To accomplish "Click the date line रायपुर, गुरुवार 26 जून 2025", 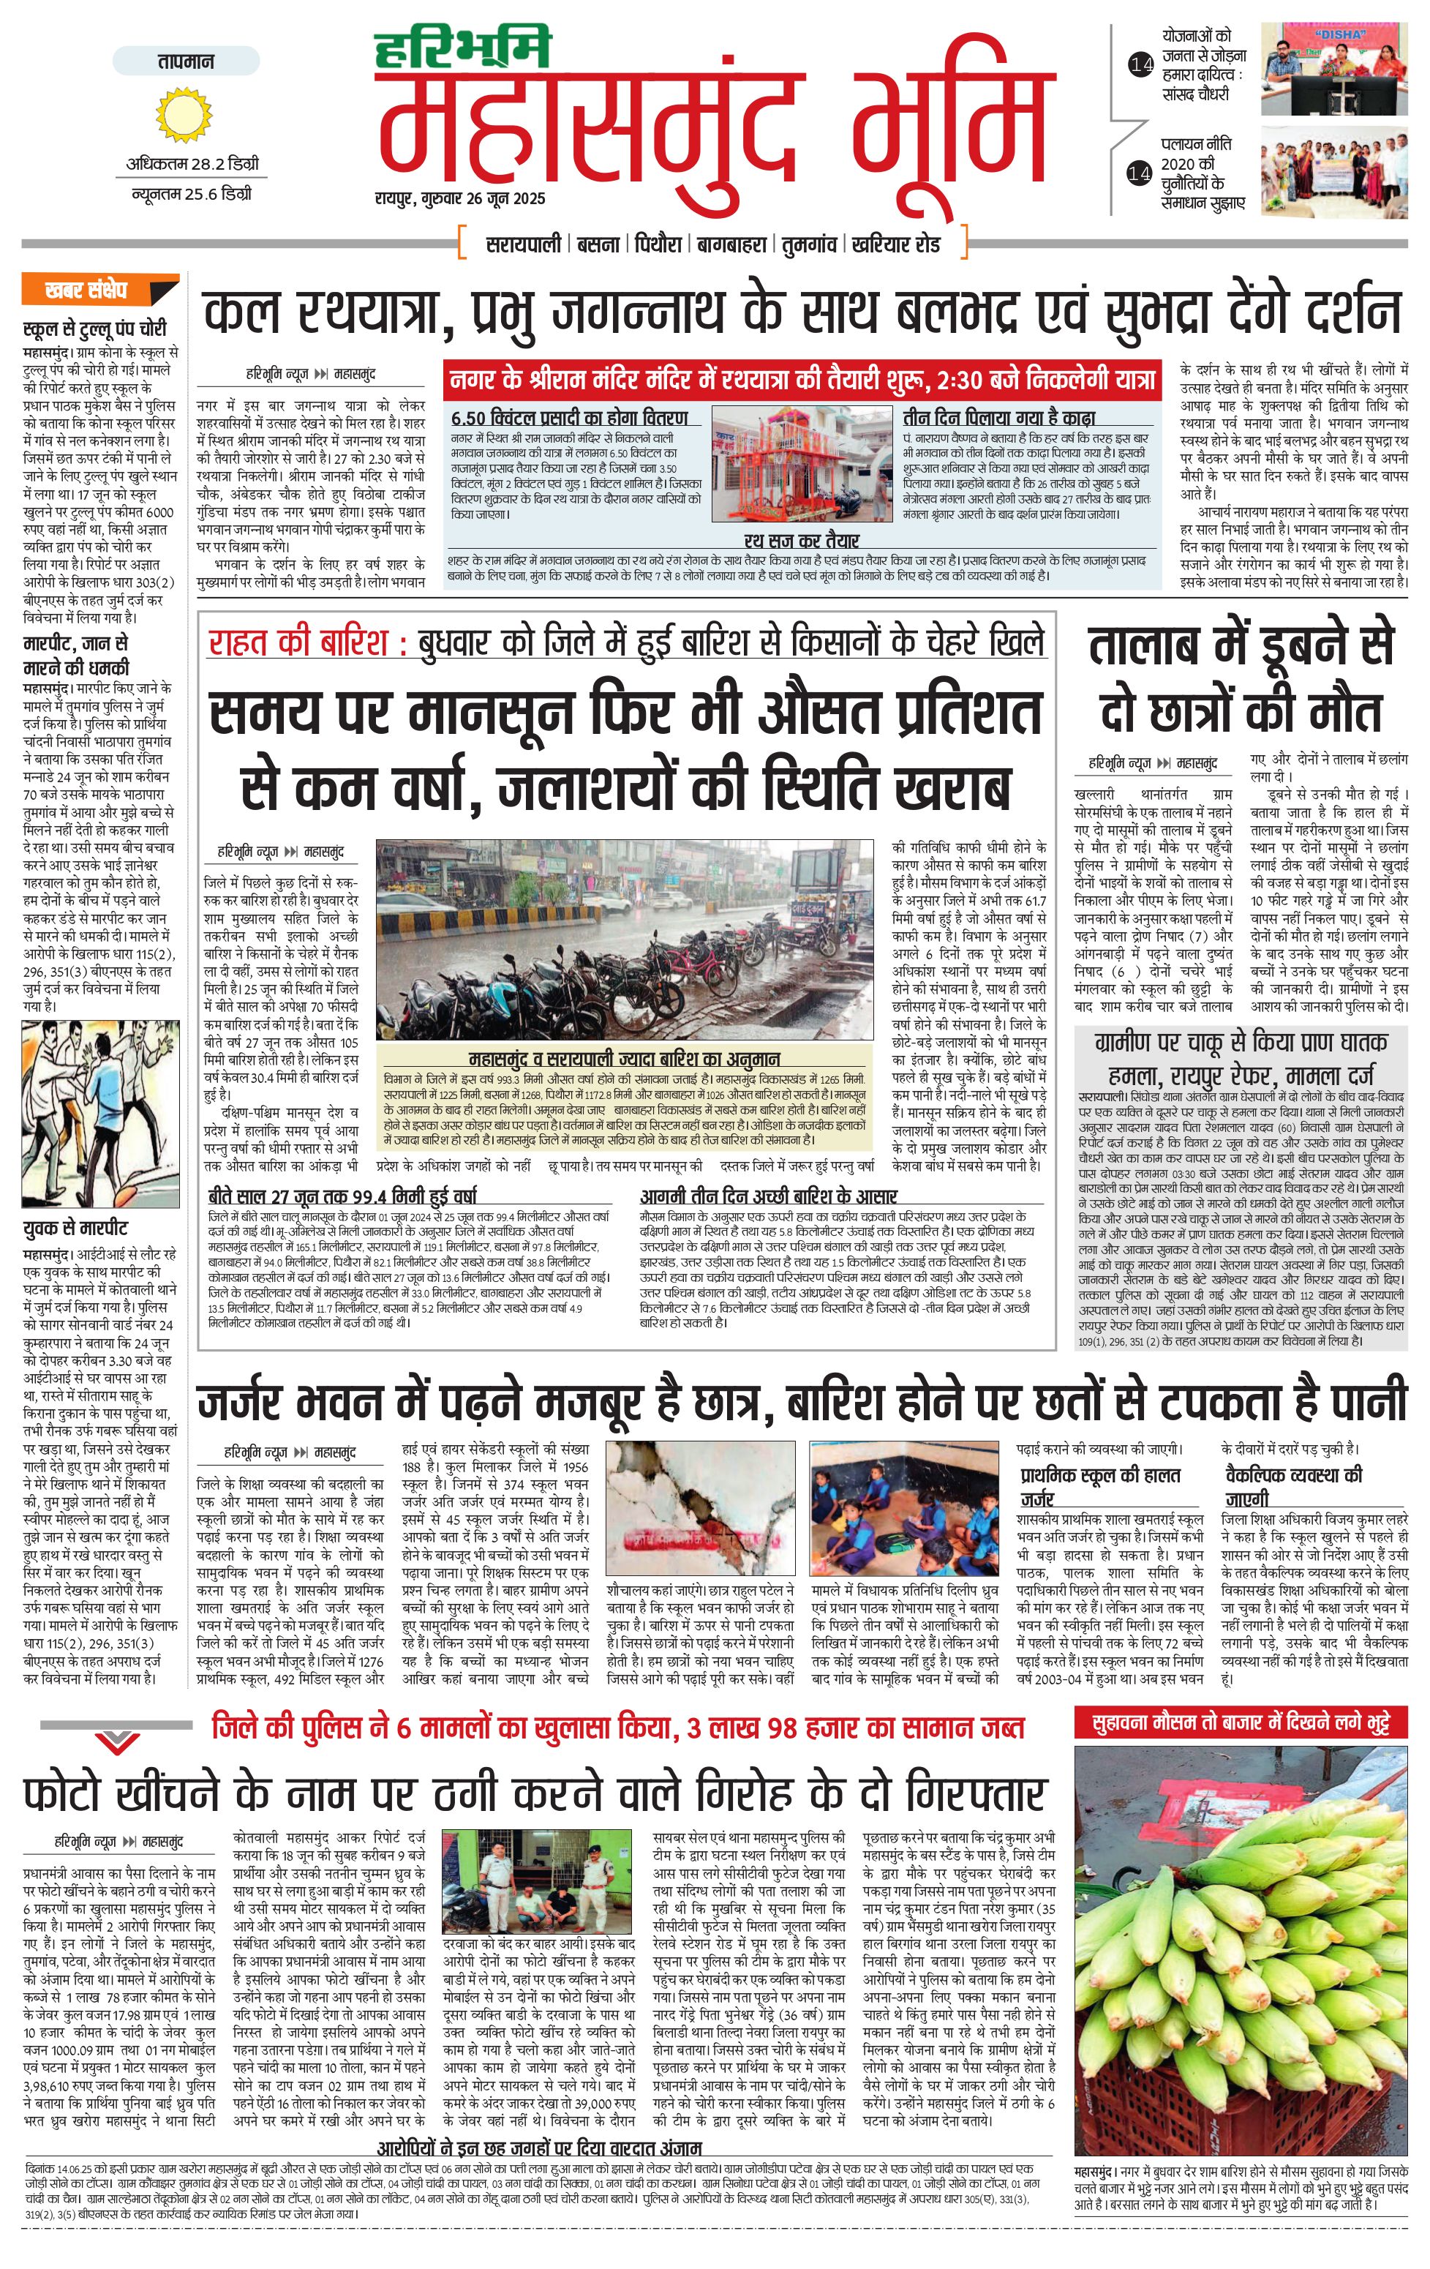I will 459,199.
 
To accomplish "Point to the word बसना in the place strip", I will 598,245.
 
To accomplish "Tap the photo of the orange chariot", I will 801,464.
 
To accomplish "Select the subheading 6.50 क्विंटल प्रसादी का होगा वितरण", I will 569,417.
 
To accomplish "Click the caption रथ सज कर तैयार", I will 801,541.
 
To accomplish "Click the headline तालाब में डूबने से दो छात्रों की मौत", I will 1240,678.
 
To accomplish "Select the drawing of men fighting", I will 100,1113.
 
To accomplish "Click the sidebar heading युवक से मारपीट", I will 75,1229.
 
